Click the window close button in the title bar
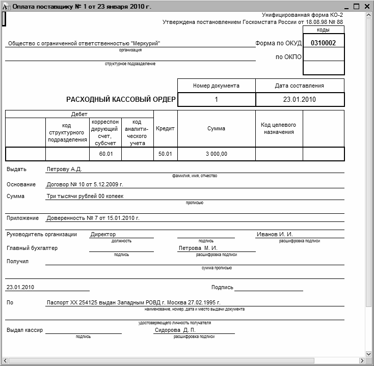point(367,6)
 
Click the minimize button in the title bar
point(346,6)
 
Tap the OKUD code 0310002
point(323,43)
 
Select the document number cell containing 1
point(216,99)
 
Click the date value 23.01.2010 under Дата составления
point(300,99)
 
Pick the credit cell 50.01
point(165,154)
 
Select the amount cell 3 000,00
point(216,154)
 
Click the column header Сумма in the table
point(216,129)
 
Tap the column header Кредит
point(165,129)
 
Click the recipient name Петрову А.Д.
point(64,169)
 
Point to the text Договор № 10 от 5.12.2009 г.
point(85,184)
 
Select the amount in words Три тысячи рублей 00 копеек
point(85,196)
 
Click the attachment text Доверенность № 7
point(71,218)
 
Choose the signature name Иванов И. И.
point(275,234)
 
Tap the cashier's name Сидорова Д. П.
point(175,330)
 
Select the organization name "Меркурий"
point(145,43)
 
